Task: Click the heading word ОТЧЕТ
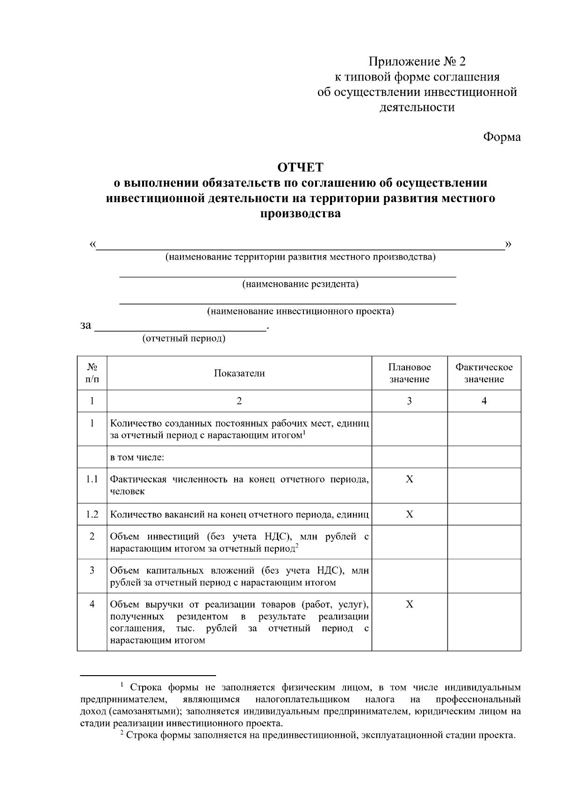300,168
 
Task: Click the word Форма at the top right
501,137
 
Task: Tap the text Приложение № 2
417,62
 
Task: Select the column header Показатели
239,373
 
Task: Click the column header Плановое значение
410,373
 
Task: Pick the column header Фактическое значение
484,373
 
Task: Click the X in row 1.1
410,480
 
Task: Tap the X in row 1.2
410,514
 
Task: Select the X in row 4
410,604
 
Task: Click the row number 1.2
92,514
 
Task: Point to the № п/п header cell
92,373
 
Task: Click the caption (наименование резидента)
300,284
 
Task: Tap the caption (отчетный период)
184,338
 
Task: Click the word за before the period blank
86,325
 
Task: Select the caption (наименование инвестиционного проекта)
300,311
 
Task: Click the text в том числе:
137,457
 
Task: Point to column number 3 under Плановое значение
410,401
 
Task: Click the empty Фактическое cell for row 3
484,576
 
